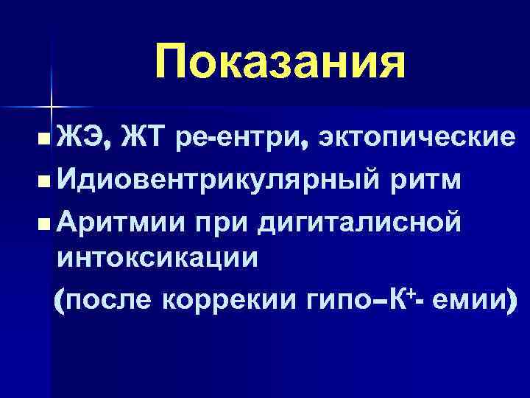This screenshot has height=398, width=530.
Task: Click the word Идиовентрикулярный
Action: (x=219, y=179)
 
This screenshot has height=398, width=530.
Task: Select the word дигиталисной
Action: (x=360, y=221)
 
